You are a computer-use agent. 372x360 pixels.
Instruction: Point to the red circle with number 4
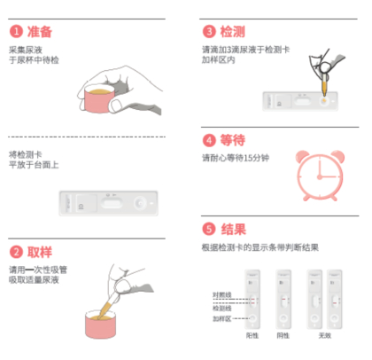pos(209,139)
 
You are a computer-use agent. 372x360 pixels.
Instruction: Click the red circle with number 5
pos(209,228)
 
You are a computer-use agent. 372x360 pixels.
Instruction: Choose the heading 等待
pos(233,139)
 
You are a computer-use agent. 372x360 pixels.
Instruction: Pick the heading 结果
pos(233,228)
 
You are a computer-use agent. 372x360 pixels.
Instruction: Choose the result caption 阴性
pos(283,336)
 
